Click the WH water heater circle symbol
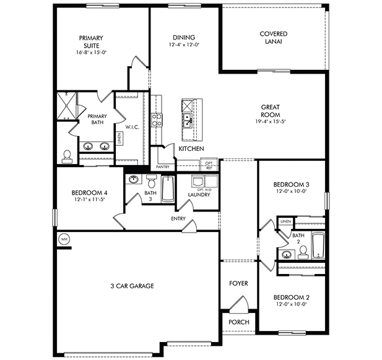(63, 239)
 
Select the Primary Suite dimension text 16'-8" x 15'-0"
(91, 53)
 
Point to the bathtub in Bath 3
(168, 188)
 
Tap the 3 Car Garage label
(132, 286)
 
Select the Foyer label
(238, 284)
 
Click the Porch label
(238, 322)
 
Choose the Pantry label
(163, 167)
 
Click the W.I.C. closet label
(132, 127)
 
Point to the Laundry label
(199, 195)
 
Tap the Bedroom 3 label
(291, 184)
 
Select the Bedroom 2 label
(291, 297)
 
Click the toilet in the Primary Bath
(67, 155)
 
